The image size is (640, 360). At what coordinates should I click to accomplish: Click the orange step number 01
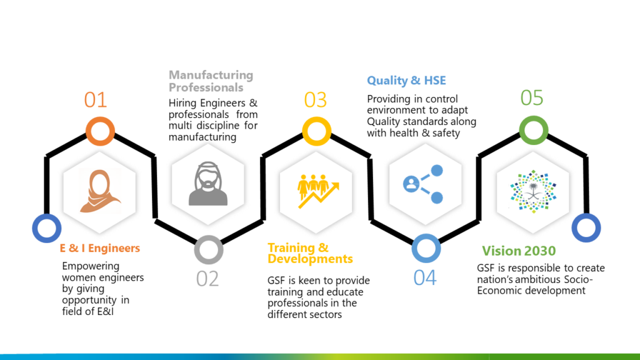96,100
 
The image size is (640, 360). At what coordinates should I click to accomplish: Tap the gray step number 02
207,279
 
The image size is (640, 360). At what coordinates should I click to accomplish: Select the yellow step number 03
316,100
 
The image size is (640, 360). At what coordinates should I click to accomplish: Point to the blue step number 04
425,278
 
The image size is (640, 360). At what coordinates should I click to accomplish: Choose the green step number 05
532,98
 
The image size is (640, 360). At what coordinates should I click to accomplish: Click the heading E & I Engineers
100,248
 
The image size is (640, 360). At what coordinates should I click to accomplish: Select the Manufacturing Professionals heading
211,81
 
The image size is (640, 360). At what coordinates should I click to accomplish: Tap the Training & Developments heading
310,253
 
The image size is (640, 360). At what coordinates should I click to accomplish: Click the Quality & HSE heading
406,81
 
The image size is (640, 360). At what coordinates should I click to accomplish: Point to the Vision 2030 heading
519,251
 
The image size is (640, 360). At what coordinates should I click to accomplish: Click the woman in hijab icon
99,191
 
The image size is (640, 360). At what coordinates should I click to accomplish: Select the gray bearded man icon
208,184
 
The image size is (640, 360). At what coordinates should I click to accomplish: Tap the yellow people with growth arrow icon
318,191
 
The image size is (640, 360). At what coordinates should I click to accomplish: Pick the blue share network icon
423,184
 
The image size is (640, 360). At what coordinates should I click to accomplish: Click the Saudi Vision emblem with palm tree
533,191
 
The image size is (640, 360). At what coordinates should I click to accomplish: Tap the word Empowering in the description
91,266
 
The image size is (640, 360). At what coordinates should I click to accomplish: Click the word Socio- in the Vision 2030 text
578,279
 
